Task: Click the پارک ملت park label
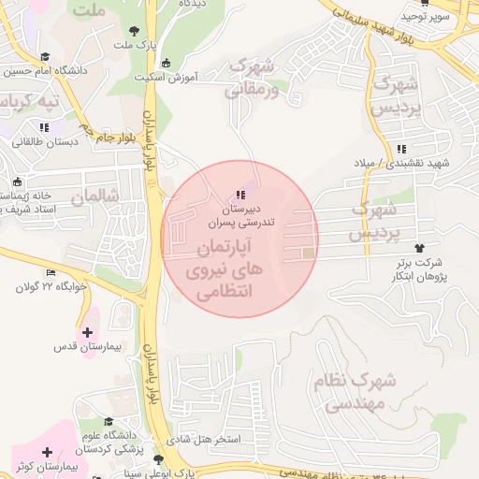click(x=132, y=44)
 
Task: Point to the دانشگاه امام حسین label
click(x=48, y=70)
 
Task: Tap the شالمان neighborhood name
click(x=95, y=197)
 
